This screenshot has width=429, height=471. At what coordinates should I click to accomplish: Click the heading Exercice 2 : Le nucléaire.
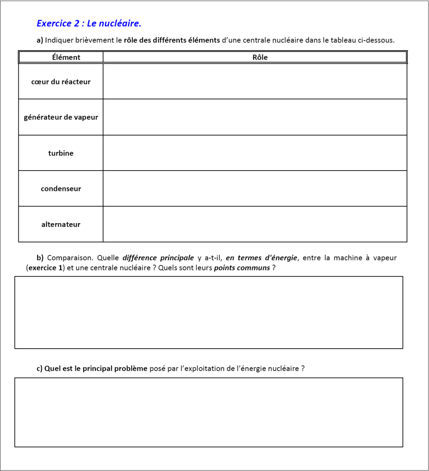(89, 23)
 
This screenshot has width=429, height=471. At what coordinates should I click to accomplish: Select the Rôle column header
(260, 57)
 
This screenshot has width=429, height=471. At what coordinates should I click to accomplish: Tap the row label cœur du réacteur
(61, 82)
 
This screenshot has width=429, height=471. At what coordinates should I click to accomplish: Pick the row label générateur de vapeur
(61, 117)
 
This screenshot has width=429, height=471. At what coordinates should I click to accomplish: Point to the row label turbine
(61, 153)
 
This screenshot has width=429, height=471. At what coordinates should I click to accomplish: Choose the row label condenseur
(61, 189)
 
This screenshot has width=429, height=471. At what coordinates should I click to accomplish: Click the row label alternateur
(61, 224)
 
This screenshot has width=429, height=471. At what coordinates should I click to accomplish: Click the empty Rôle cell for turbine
(255, 153)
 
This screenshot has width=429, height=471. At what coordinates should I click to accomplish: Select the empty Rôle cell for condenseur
(255, 189)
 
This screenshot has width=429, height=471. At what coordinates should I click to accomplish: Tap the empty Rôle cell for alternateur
(255, 224)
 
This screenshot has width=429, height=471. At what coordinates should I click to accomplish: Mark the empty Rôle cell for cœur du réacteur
(255, 81)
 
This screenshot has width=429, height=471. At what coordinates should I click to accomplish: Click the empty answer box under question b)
(209, 312)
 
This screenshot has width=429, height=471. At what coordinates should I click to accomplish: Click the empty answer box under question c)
(209, 412)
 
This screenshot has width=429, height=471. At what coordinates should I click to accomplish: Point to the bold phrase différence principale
(158, 258)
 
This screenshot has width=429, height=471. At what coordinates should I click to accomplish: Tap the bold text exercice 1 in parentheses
(45, 268)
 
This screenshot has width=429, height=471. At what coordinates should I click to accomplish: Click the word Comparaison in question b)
(70, 258)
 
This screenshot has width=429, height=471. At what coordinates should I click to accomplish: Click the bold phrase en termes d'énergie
(262, 258)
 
